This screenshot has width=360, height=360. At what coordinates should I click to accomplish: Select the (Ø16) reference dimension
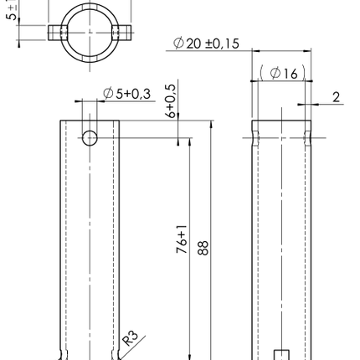coord(280,73)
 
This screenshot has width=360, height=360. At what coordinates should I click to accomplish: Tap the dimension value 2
coord(336,97)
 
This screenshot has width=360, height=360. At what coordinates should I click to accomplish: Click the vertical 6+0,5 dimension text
coord(172,100)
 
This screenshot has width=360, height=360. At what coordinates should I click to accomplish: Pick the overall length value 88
coord(203,249)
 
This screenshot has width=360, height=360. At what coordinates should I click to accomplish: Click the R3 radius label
coord(131,337)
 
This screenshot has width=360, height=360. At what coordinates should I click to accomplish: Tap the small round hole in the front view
coord(90,137)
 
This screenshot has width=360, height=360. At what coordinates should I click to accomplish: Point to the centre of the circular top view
coord(90,32)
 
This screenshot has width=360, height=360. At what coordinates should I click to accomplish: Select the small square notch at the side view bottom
coord(282,354)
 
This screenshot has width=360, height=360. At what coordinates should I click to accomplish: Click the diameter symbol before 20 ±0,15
coord(179,44)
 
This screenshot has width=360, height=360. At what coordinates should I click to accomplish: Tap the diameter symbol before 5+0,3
coord(108,93)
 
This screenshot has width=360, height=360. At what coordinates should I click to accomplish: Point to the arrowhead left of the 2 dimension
coord(308,105)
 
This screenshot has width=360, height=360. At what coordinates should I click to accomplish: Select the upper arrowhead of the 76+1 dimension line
coord(189,142)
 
